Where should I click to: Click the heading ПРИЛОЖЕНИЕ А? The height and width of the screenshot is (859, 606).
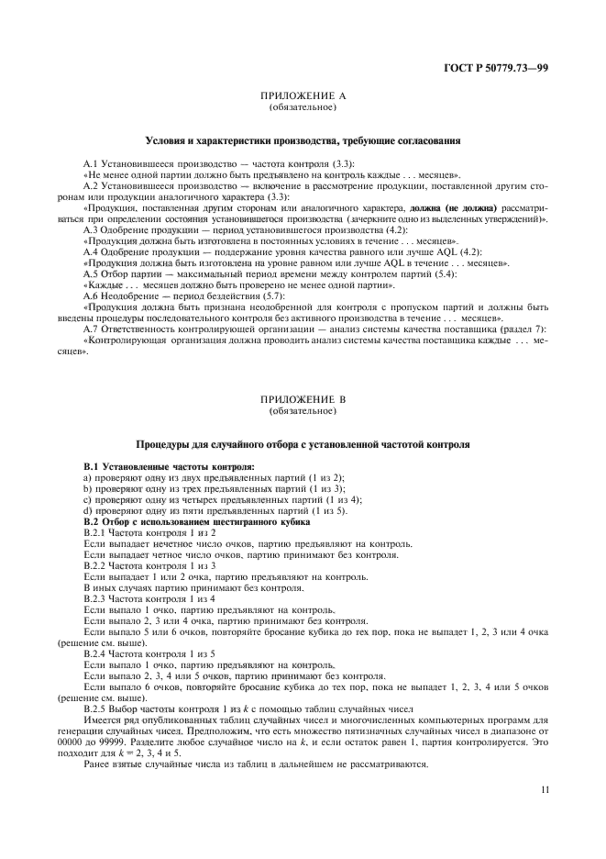303,96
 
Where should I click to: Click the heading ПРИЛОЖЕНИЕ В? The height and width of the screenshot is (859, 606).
303,401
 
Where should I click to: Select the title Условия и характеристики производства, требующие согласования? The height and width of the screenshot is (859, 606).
303,140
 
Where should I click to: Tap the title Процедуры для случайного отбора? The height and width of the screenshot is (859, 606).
303,444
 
